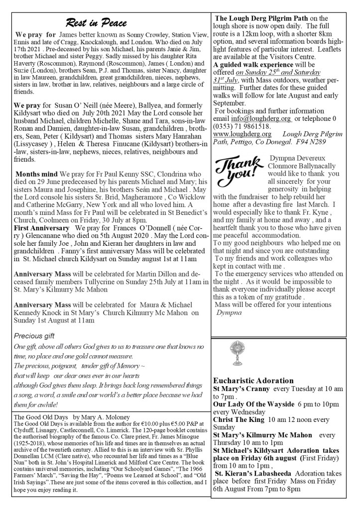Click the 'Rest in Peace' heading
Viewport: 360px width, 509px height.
[96, 23]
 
